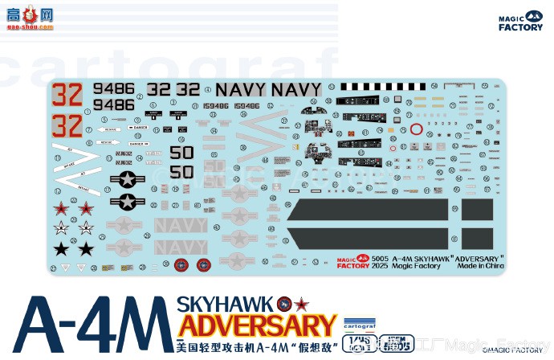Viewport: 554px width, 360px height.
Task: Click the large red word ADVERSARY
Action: coord(256,326)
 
